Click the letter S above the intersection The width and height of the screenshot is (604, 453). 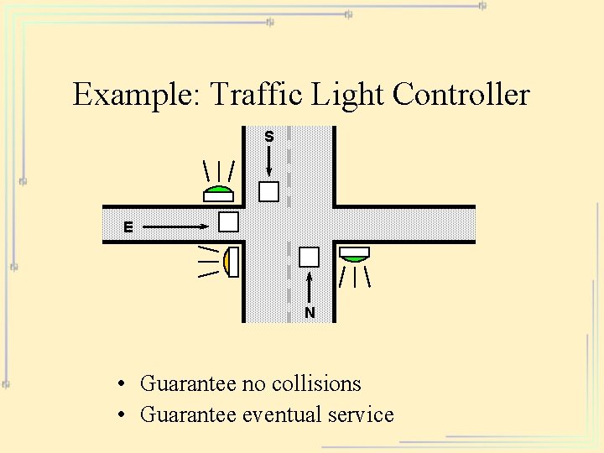(269, 136)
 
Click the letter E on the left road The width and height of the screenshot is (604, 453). (128, 226)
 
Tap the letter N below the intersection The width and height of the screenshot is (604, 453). (310, 313)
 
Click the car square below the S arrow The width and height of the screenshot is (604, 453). (268, 191)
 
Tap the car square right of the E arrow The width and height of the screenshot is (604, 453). (228, 222)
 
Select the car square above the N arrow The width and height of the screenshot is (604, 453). (309, 257)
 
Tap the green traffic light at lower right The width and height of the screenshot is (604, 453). (354, 253)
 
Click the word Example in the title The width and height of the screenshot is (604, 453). (135, 95)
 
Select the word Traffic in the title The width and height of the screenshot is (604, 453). (257, 95)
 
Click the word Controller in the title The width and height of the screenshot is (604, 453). (461, 95)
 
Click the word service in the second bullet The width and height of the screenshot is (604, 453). (361, 414)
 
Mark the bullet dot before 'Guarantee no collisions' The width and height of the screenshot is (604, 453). (122, 385)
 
